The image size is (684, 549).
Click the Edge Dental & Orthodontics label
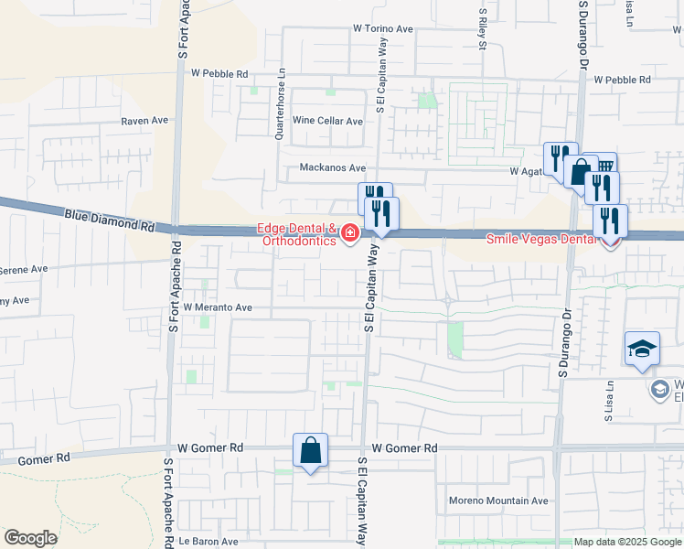pos(298,235)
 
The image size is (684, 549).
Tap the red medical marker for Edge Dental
pos(348,235)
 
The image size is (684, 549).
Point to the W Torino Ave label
pos(384,29)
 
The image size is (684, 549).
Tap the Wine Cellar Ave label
pos(327,121)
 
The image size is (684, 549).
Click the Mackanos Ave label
pos(333,168)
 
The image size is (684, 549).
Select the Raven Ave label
pos(145,121)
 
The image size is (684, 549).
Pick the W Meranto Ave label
pos(218,308)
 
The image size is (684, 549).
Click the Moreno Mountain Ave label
pos(497,501)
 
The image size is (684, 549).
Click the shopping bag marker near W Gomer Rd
pos(310,451)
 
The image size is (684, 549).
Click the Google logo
pos(30,538)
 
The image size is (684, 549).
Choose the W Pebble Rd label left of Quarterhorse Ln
pos(219,73)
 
